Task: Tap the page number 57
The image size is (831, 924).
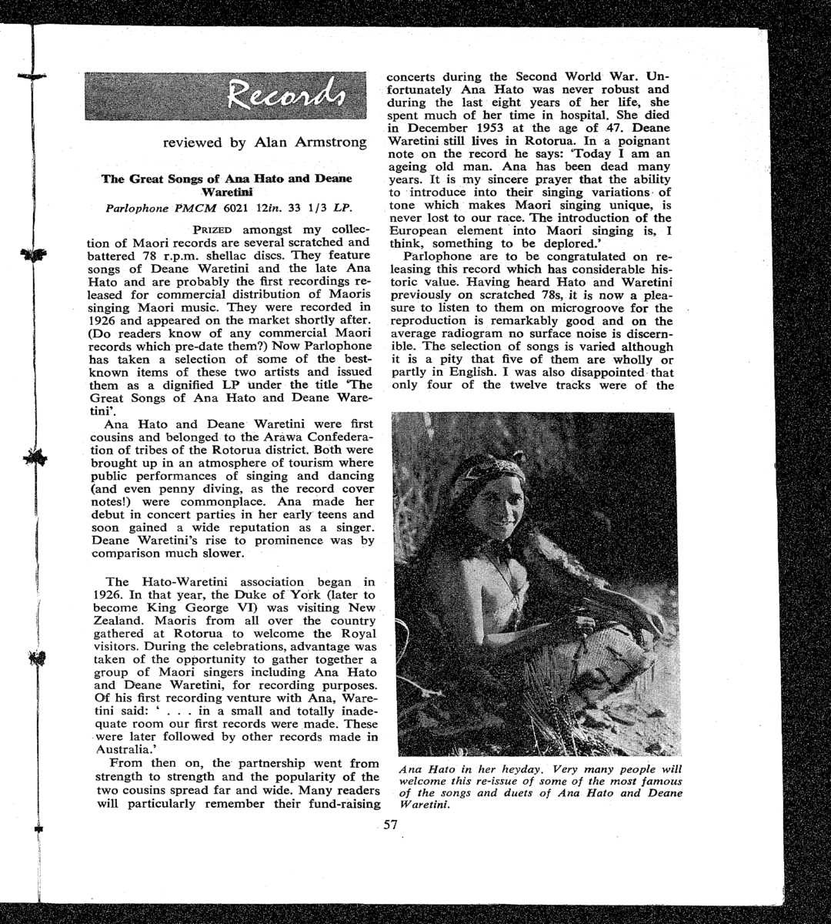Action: (x=390, y=825)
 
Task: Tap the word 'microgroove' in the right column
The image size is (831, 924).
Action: (x=573, y=308)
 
